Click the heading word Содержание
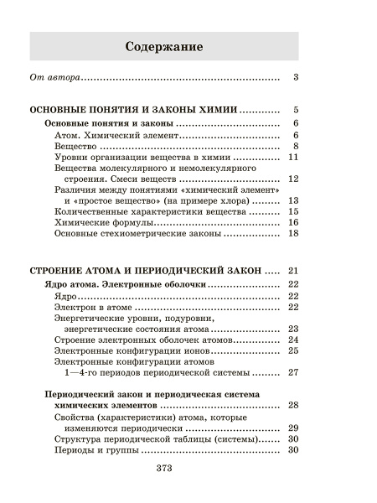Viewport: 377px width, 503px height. pos(163,46)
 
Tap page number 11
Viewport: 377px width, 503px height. pos(293,157)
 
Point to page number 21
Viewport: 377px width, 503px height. pos(293,271)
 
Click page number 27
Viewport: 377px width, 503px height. pos(293,372)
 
